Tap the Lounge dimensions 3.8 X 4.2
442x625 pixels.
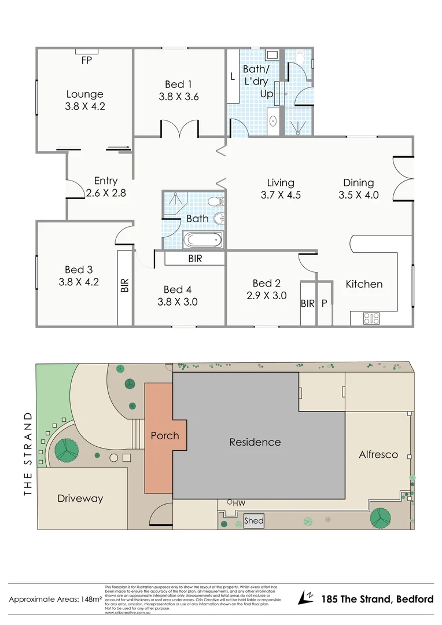[x=84, y=106]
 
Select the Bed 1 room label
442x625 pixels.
[x=179, y=84]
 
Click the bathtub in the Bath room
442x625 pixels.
[x=201, y=239]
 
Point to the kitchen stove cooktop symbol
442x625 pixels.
[x=370, y=318]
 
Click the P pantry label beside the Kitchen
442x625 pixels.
[x=324, y=303]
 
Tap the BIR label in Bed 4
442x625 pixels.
[x=195, y=259]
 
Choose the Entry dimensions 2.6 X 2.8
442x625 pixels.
[x=105, y=193]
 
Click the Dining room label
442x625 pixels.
[x=358, y=183]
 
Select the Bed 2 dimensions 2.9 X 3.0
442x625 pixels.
[x=267, y=296]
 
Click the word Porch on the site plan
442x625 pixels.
[x=164, y=435]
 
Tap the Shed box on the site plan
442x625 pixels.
[x=253, y=521]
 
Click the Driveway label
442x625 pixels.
[x=80, y=498]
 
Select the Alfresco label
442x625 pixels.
[x=378, y=454]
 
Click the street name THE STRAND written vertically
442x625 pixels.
[x=27, y=454]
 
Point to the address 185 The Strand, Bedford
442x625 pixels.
[x=377, y=599]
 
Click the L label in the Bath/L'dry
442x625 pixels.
[x=233, y=76]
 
